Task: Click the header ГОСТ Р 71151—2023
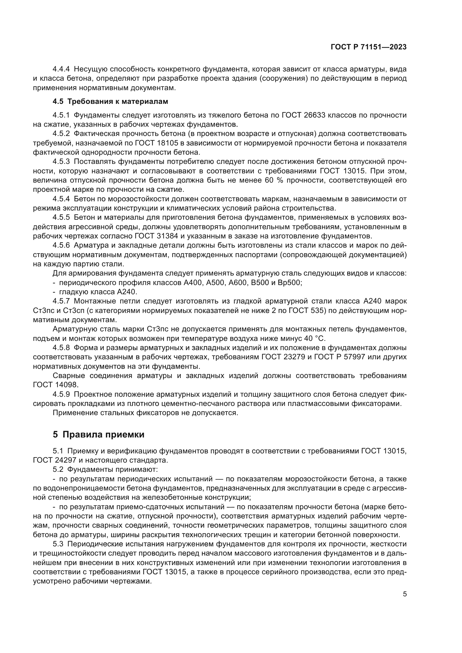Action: tap(368, 47)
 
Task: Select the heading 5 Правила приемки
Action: tap(98, 434)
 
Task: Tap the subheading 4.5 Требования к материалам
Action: tap(110, 102)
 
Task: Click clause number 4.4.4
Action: tap(61, 69)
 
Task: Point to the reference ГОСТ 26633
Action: tap(303, 115)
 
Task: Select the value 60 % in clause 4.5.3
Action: tap(274, 180)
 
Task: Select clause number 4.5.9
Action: tap(61, 394)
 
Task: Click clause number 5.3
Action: tap(58, 544)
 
